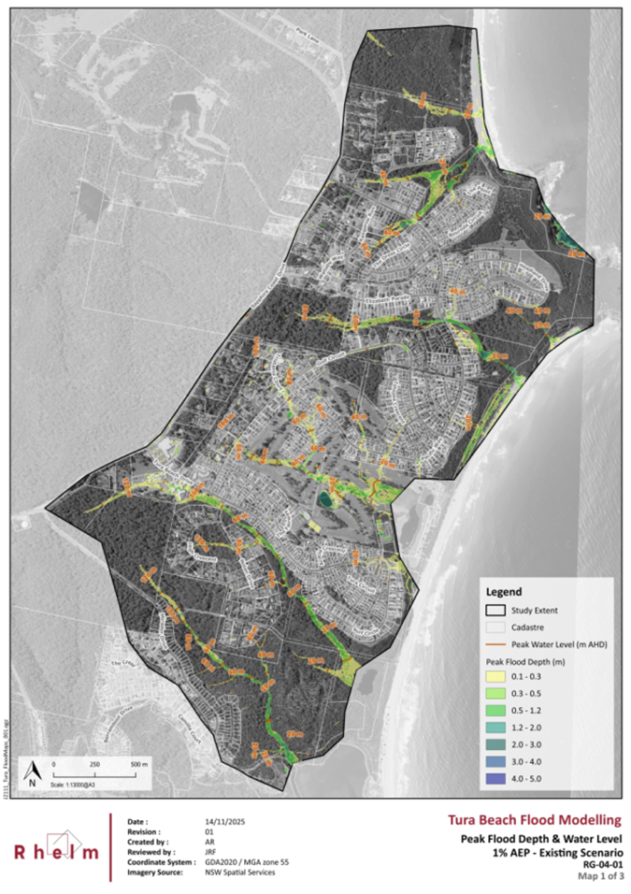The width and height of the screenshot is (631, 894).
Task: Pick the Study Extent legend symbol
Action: click(x=495, y=611)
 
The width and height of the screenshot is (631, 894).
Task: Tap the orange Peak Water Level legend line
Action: click(x=495, y=645)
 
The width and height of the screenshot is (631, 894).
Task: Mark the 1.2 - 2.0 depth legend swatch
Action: click(x=495, y=728)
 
